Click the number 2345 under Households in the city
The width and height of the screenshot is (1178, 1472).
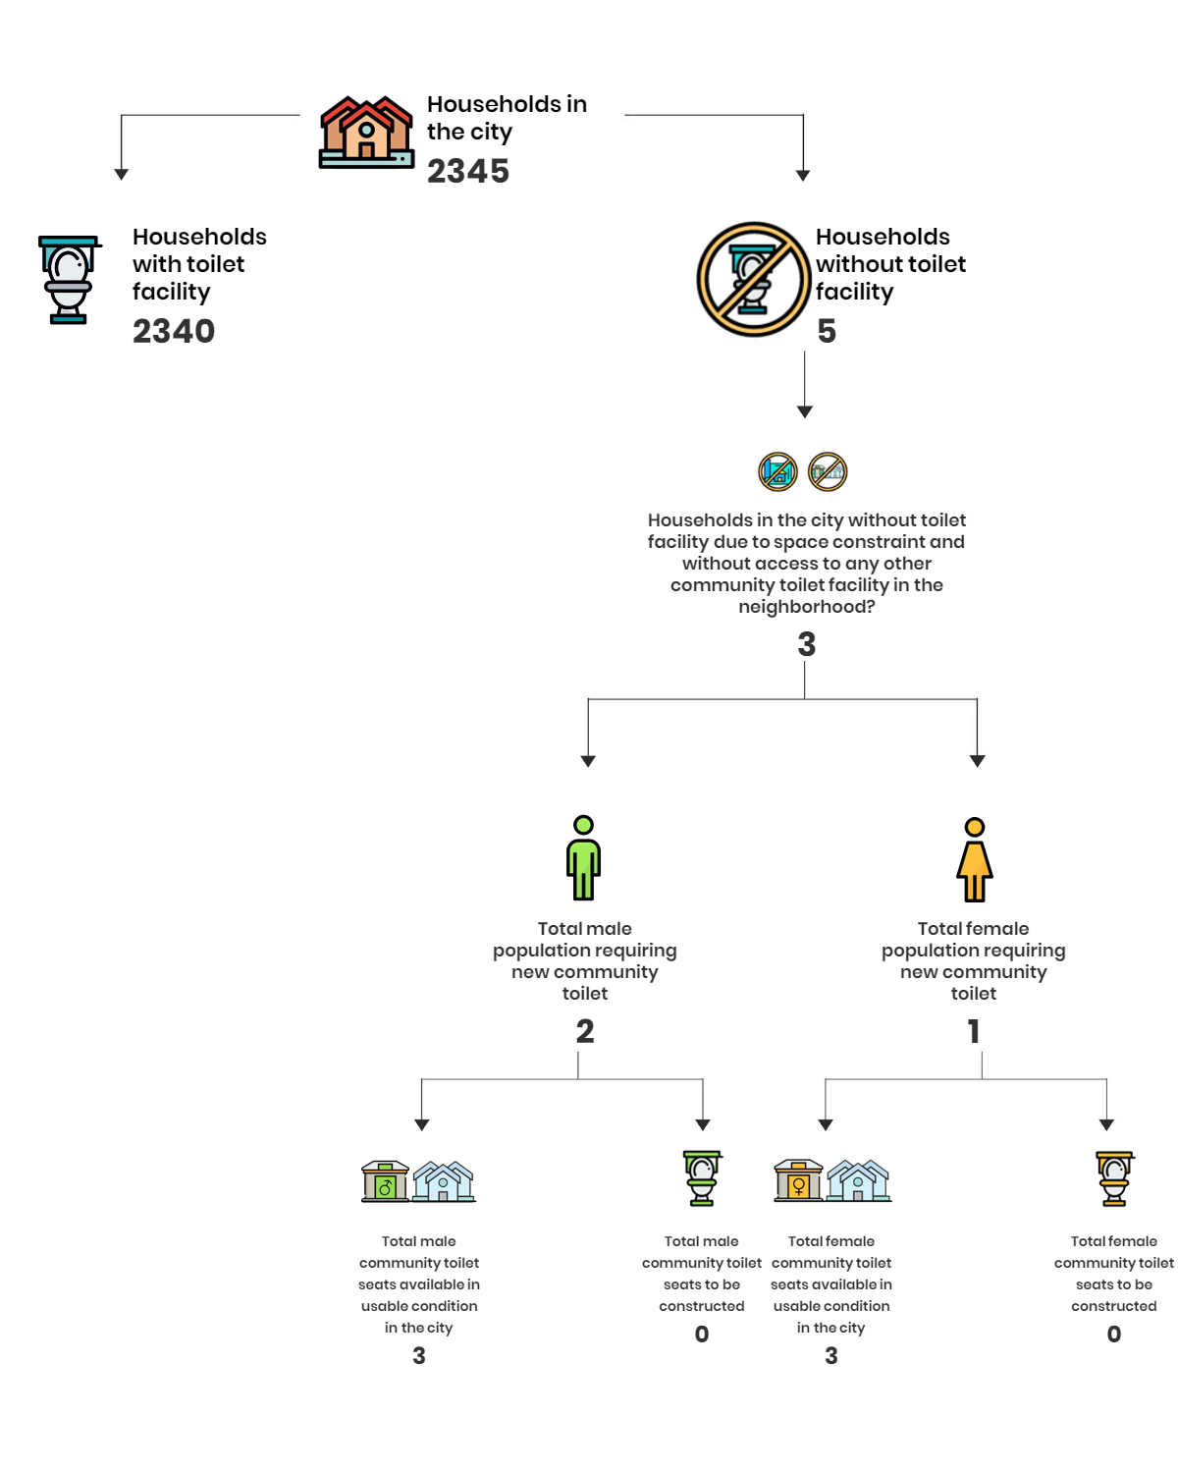point(467,171)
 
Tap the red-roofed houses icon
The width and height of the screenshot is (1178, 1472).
point(366,132)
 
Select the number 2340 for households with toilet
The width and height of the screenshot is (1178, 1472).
point(174,331)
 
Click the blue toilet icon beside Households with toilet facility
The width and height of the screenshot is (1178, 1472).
point(69,279)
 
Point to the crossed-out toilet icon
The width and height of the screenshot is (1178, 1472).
point(753,279)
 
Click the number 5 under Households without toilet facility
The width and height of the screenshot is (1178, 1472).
point(827,331)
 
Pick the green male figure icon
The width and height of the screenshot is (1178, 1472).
point(583,857)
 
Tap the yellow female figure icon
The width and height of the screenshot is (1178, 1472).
point(974,860)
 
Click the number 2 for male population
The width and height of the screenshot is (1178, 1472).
point(584,1031)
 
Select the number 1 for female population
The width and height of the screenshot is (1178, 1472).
point(974,1031)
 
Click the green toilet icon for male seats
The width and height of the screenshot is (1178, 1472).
point(702,1177)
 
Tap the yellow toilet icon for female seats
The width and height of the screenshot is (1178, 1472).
point(1114,1178)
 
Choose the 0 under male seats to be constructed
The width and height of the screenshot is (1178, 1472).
point(702,1334)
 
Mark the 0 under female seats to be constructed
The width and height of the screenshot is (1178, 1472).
point(1114,1334)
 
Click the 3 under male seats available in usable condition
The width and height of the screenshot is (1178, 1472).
point(419,1356)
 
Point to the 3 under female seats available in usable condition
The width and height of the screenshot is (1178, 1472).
point(830,1356)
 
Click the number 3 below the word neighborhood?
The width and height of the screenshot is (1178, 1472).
point(807,644)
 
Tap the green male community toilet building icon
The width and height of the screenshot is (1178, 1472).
point(385,1181)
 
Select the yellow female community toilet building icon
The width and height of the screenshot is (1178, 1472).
point(798,1181)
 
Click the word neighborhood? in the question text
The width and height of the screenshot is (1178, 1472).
point(807,607)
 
